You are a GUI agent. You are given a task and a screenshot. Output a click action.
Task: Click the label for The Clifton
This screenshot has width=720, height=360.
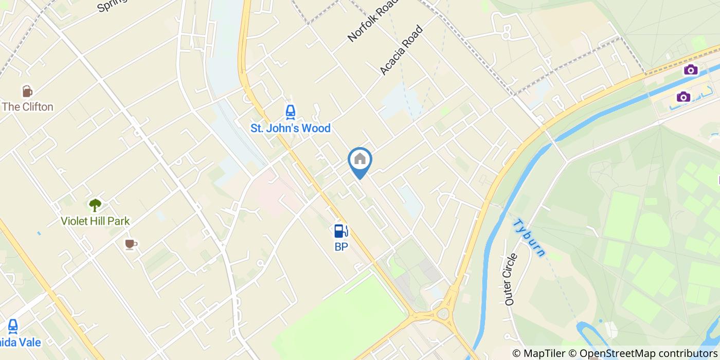[28, 107]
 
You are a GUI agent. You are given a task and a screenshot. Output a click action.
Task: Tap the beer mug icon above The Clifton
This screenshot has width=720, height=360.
[27, 92]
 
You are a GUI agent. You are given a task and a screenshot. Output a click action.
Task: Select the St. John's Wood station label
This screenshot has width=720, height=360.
[290, 128]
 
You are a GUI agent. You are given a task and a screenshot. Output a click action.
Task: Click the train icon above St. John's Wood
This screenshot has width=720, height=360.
[290, 112]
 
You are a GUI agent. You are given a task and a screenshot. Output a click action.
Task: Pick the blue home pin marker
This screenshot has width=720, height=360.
[360, 160]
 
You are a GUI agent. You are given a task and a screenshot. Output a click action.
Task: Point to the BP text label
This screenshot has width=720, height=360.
[341, 247]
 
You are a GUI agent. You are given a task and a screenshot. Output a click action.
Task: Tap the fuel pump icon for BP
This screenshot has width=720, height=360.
[341, 231]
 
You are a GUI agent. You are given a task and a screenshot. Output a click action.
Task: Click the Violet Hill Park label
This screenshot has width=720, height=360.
[95, 221]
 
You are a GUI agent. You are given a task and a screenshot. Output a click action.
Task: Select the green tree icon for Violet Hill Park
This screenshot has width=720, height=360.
[95, 205]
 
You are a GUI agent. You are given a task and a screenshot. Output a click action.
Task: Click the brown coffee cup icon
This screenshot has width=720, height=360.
[131, 244]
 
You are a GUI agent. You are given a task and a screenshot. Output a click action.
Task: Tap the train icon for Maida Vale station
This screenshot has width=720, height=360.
[13, 326]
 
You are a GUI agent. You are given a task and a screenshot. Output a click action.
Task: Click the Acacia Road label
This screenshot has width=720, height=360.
[401, 50]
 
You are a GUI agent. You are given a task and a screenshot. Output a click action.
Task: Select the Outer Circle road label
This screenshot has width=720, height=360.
[511, 279]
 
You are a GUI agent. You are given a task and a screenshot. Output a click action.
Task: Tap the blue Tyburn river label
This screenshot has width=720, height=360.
[529, 237]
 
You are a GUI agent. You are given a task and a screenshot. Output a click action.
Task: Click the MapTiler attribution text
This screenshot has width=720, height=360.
[540, 353]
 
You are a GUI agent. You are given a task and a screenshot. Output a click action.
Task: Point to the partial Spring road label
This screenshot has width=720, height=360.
[112, 6]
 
